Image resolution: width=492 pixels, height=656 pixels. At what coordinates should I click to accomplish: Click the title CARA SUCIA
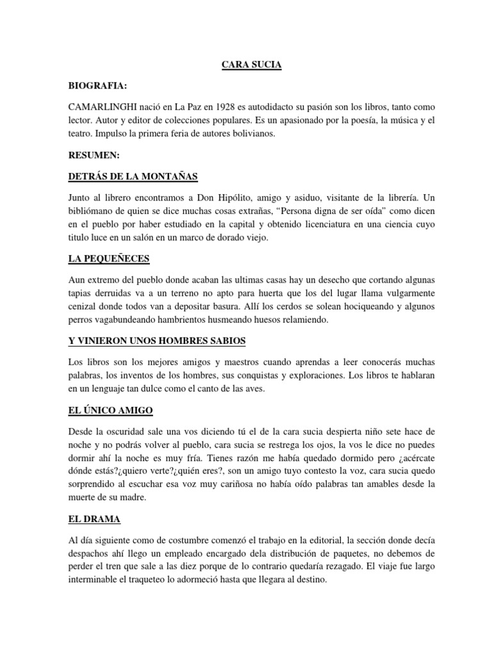(245, 65)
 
